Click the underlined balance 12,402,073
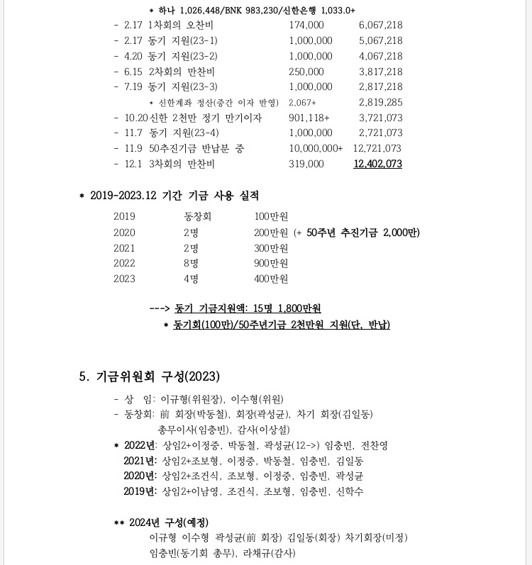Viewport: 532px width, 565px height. pyautogui.click(x=377, y=164)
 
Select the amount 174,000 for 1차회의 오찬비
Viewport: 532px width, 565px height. pyautogui.click(x=306, y=25)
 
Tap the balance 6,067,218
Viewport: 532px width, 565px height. pyautogui.click(x=380, y=25)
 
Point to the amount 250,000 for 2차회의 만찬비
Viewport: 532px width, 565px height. pyautogui.click(x=306, y=72)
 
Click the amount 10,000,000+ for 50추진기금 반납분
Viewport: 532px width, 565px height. pyautogui.click(x=316, y=148)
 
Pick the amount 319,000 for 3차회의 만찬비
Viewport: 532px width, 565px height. pyautogui.click(x=306, y=164)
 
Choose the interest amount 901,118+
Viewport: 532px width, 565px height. pyautogui.click(x=309, y=118)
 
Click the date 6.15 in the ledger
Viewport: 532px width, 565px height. pyautogui.click(x=133, y=72)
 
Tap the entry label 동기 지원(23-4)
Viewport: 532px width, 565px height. pyautogui.click(x=184, y=133)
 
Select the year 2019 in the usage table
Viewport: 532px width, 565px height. pyautogui.click(x=124, y=217)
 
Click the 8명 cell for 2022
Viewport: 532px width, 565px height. pyautogui.click(x=191, y=264)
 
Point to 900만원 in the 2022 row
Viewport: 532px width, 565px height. pyautogui.click(x=271, y=264)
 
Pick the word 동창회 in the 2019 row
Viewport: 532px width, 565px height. pyautogui.click(x=197, y=217)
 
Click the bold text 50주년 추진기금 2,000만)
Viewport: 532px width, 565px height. pyautogui.click(x=363, y=233)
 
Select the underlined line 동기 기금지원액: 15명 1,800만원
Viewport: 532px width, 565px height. pyautogui.click(x=248, y=308)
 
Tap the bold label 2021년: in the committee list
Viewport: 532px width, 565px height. pyautogui.click(x=140, y=461)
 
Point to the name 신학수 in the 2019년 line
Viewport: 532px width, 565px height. pyautogui.click(x=350, y=491)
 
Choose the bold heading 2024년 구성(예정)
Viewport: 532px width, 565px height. pyautogui.click(x=168, y=523)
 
